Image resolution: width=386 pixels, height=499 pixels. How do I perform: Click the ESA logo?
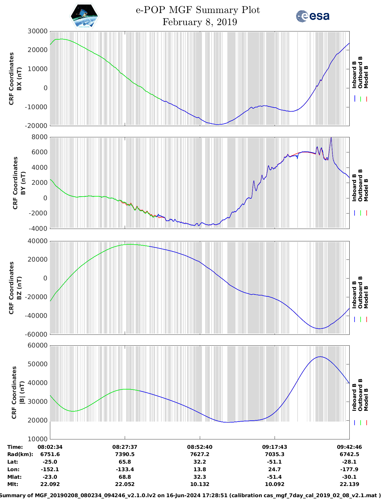[x=312, y=16]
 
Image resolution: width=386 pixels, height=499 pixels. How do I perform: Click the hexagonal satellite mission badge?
[x=84, y=16]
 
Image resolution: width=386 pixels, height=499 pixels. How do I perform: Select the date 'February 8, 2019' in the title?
[x=200, y=22]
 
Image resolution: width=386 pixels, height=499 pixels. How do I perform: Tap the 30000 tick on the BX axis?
[x=38, y=31]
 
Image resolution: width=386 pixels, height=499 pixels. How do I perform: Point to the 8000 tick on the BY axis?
[x=40, y=137]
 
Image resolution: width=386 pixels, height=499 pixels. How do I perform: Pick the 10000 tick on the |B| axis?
[x=38, y=439]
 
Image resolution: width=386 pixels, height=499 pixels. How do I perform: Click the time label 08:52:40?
[x=200, y=447]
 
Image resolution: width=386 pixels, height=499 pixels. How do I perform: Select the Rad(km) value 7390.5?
[x=125, y=454]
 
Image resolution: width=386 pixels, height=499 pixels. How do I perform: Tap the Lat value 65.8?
[x=125, y=462]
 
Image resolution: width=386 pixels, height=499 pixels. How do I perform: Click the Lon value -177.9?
[x=349, y=469]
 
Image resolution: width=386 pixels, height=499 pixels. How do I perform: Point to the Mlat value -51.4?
[x=275, y=477]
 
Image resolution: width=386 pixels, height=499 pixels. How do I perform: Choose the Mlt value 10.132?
[x=200, y=484]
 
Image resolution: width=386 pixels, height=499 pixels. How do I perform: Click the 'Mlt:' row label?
[x=13, y=484]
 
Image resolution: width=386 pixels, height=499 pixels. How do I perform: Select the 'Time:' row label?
[x=15, y=447]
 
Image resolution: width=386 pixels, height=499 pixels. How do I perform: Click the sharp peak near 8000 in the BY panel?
[x=331, y=138]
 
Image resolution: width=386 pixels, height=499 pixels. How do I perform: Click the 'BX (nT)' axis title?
[x=19, y=79]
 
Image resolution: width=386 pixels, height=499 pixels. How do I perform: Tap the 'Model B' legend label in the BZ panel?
[x=366, y=297]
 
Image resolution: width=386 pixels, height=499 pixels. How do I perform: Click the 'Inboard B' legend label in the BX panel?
[x=354, y=75]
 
